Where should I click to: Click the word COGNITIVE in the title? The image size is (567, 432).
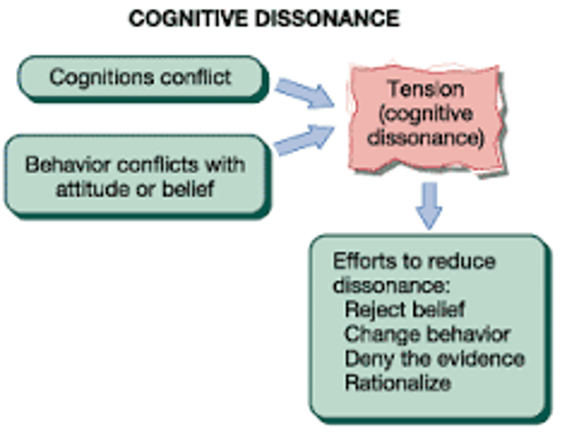pyautogui.click(x=189, y=18)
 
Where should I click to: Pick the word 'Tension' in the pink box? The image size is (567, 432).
pyautogui.click(x=426, y=89)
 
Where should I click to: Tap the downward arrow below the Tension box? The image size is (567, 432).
pyautogui.click(x=429, y=205)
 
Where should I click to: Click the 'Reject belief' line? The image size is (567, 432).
pyautogui.click(x=404, y=309)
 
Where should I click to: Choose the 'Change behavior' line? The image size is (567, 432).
pyautogui.click(x=427, y=334)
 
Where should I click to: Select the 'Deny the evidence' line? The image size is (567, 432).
pyautogui.click(x=434, y=359)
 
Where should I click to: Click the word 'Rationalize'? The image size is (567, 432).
pyautogui.click(x=398, y=383)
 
